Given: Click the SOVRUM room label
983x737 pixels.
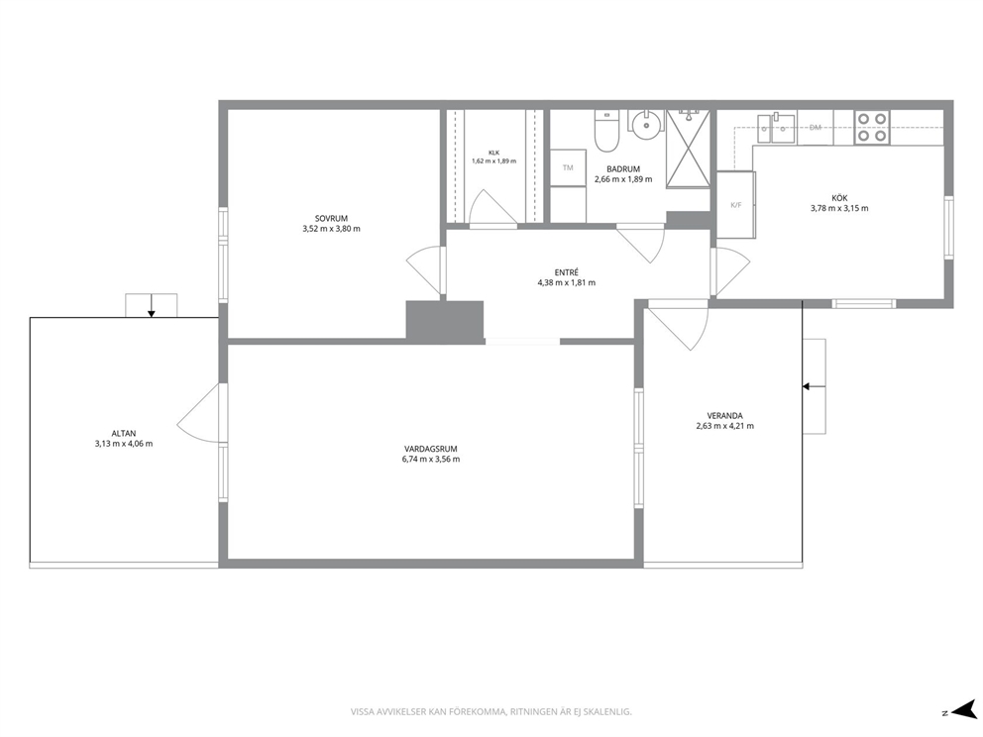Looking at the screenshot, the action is coord(331,219).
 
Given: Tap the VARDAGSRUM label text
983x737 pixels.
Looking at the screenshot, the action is coord(431,449).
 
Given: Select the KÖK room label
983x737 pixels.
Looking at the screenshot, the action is coord(839,198).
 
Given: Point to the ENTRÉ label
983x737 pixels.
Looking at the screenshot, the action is coord(567,272).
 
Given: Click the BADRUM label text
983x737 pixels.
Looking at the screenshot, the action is coord(623,169).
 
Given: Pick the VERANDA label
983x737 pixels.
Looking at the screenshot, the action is coord(724,415).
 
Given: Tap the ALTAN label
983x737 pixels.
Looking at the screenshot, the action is coord(124,433).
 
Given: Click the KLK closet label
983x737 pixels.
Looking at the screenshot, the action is coord(494,153).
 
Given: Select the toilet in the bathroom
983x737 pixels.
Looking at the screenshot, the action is coord(606,131).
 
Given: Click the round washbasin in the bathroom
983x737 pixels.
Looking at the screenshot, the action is coord(646,125).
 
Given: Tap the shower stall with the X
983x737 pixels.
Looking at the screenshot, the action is coord(689,149).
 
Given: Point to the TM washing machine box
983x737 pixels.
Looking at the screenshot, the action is coord(568,168).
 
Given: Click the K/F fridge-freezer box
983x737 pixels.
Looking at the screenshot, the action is coord(736,205).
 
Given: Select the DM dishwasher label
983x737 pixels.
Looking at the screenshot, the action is coord(815,128).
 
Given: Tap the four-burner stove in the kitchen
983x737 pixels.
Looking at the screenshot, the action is coord(872,127).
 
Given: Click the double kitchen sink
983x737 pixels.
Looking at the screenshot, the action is coord(776,128).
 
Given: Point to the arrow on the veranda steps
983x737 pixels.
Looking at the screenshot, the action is coord(814,386).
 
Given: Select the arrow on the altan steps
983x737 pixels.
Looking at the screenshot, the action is coord(151,305).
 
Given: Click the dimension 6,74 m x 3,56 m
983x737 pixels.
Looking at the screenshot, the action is coord(431,459).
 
